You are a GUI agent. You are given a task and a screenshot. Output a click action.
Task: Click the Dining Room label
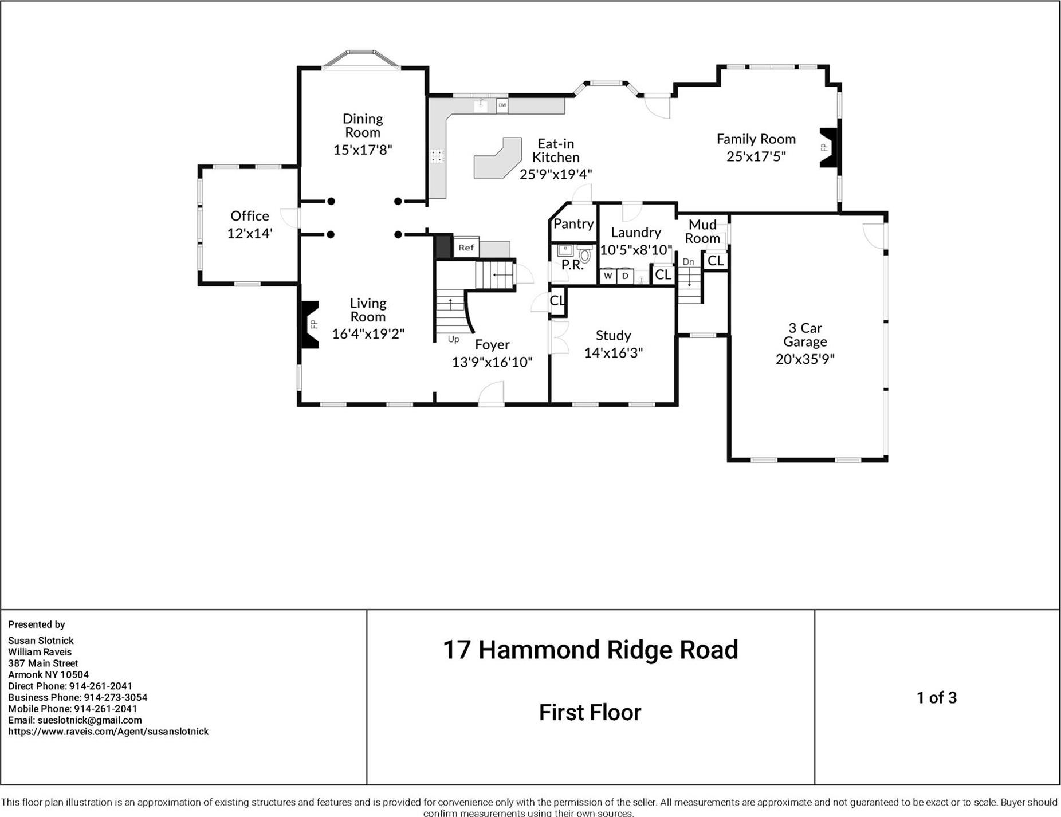[x=362, y=125]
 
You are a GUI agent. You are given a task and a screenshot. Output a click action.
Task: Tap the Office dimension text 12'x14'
[x=249, y=233]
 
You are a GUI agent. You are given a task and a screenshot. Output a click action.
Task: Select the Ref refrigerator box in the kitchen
[x=466, y=248]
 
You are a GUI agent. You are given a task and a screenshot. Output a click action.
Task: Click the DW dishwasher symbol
[x=502, y=105]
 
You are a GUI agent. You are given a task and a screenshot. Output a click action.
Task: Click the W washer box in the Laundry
[x=608, y=276]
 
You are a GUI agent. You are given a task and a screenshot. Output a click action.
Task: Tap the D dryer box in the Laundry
[x=625, y=276]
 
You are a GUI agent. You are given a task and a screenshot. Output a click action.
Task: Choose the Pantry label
[x=573, y=224]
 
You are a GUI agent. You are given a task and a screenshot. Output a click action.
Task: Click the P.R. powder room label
[x=572, y=265]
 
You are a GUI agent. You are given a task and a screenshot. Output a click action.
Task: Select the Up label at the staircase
[x=453, y=339]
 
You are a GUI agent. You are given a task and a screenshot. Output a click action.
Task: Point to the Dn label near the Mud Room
[x=688, y=262]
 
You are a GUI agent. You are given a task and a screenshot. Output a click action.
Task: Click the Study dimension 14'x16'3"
[x=613, y=352]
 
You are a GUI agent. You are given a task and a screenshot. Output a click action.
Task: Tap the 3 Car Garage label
[x=805, y=335]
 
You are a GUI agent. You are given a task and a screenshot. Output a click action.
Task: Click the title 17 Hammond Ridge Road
[x=590, y=650]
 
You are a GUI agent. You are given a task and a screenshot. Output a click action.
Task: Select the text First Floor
[x=590, y=713]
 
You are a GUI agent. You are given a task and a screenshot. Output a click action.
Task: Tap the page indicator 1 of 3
[x=936, y=697]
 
